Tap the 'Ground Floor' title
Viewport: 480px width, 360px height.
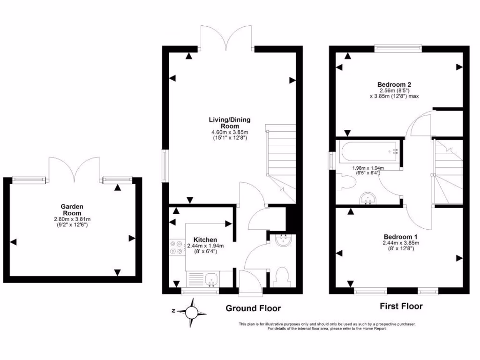[253, 308]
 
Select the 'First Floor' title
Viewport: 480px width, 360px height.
[401, 307]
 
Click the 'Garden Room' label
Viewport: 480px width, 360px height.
[72, 210]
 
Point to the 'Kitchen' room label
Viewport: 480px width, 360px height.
[206, 240]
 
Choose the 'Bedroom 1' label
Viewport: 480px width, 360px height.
[400, 237]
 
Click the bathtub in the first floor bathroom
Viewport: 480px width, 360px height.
[368, 151]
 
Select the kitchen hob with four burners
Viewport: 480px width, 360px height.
[177, 248]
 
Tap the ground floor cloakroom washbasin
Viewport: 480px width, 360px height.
[283, 241]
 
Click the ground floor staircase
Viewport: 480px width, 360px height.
[281, 162]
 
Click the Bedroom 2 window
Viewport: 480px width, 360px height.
[397, 47]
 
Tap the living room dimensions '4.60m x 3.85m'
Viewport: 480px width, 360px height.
[230, 133]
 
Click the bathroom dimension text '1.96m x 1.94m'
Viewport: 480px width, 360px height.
[368, 168]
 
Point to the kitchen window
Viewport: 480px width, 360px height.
[200, 292]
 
